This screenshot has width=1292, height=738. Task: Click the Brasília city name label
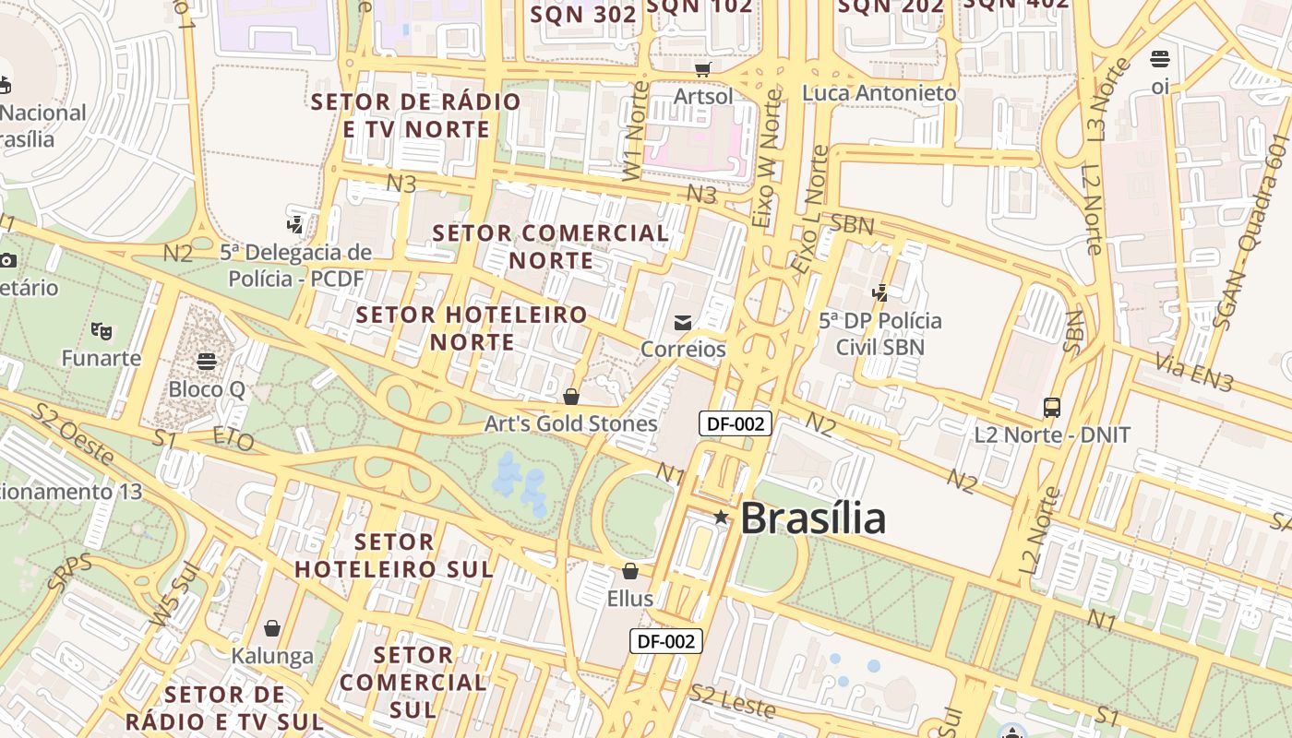[812, 518]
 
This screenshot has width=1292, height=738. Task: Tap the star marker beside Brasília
[721, 518]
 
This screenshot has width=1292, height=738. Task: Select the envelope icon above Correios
[683, 322]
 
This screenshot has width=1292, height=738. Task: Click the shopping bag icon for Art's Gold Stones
[571, 397]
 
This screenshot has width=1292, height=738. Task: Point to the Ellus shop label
[629, 598]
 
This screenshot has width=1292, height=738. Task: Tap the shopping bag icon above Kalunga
[272, 628]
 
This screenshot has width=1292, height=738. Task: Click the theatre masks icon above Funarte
[101, 329]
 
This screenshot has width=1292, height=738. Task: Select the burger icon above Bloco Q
[207, 361]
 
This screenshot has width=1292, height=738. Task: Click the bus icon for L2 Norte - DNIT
[1051, 407]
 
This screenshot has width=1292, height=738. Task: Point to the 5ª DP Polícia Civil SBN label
[880, 334]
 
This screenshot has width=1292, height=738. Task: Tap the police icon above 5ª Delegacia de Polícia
[295, 223]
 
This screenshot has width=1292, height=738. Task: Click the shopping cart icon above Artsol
[702, 69]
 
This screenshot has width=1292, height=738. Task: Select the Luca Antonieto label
[879, 93]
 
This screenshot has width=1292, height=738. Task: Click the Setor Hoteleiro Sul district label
[394, 555]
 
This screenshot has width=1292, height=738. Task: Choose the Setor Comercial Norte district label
[551, 246]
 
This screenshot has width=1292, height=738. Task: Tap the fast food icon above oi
[1160, 59]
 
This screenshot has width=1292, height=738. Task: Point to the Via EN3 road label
[1194, 374]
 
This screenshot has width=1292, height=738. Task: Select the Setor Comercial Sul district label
[413, 683]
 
